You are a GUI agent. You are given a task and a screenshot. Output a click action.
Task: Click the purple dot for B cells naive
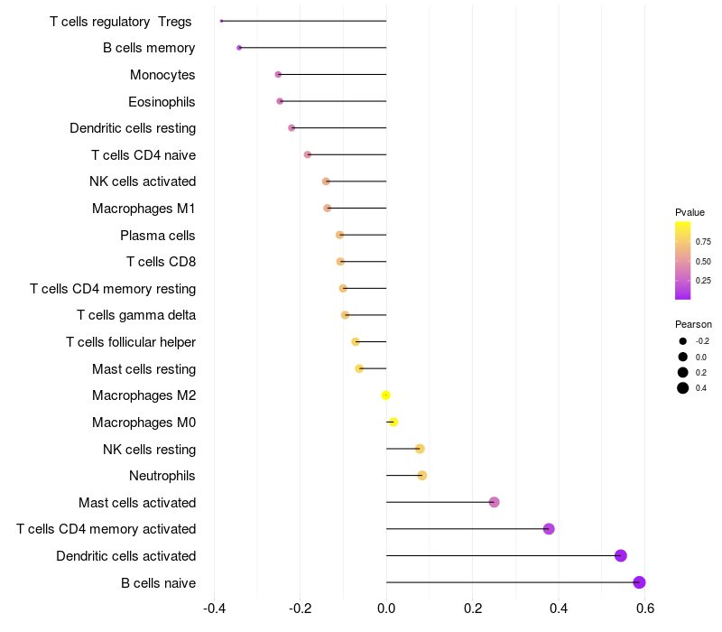pyautogui.click(x=639, y=582)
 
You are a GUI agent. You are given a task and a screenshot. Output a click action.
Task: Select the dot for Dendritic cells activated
pyautogui.click(x=621, y=555)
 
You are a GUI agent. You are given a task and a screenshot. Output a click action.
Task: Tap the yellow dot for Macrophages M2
pyautogui.click(x=386, y=395)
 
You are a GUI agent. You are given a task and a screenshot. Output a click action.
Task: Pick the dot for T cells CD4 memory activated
pyautogui.click(x=549, y=529)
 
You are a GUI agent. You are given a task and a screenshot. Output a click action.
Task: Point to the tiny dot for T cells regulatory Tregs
pyautogui.click(x=221, y=21)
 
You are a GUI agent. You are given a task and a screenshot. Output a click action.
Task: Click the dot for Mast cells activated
pyautogui.click(x=494, y=502)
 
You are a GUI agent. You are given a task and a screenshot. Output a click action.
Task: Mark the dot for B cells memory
pyautogui.click(x=239, y=48)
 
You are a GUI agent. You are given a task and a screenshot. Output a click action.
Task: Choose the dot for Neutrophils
pyautogui.click(x=422, y=476)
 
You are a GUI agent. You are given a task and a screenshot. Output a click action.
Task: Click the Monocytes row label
pyautogui.click(x=162, y=75)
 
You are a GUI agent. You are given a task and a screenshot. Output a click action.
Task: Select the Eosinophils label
pyautogui.click(x=162, y=102)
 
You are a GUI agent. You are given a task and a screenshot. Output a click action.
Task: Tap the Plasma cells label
pyautogui.click(x=157, y=236)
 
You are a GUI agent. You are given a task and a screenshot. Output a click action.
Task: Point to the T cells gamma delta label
pyautogui.click(x=136, y=315)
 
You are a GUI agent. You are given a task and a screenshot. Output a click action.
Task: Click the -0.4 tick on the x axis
pyautogui.click(x=214, y=609)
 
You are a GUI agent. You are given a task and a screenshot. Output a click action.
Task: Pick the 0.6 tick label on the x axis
pyautogui.click(x=645, y=609)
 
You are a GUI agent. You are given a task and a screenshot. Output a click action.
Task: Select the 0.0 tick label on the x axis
pyautogui.click(x=386, y=609)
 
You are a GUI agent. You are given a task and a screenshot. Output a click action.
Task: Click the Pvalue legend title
pyautogui.click(x=690, y=212)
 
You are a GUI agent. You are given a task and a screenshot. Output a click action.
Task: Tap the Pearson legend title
pyautogui.click(x=693, y=324)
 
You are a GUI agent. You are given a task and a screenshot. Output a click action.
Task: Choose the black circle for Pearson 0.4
pyautogui.click(x=683, y=388)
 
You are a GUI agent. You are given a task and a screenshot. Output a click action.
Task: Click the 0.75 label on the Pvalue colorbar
pyautogui.click(x=703, y=242)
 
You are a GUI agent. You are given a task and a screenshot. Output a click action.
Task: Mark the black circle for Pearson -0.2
pyautogui.click(x=683, y=341)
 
